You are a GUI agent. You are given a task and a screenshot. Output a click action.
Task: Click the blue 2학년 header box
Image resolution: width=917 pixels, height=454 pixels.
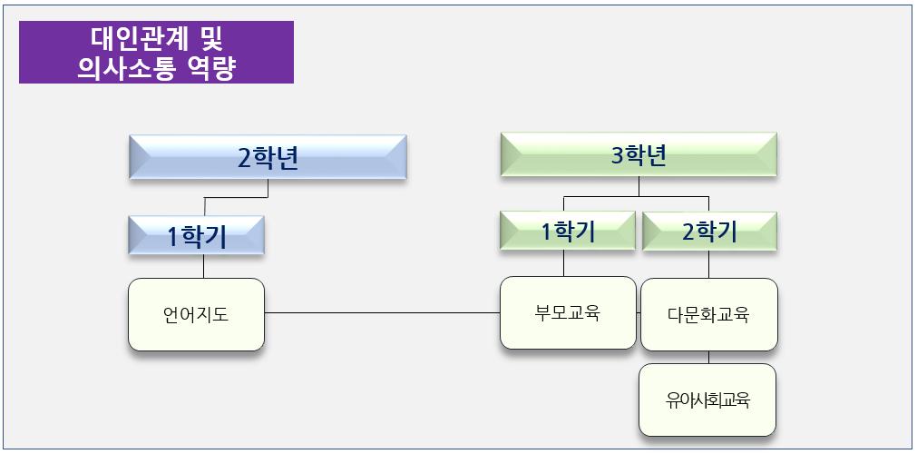pyautogui.click(x=268, y=157)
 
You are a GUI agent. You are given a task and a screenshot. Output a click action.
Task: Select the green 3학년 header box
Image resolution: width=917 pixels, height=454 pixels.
pyautogui.click(x=639, y=155)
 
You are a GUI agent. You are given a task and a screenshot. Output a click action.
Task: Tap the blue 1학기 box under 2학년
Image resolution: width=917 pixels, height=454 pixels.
pyautogui.click(x=196, y=235)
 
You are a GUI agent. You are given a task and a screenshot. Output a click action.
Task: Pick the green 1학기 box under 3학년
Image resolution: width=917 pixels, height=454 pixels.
pyautogui.click(x=567, y=232)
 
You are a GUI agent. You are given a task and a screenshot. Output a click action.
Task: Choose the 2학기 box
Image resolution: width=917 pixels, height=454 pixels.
pyautogui.click(x=709, y=232)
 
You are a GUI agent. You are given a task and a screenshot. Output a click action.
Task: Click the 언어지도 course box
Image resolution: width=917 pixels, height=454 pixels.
pyautogui.click(x=196, y=315)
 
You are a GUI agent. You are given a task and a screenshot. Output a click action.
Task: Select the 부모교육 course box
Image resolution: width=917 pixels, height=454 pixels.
pyautogui.click(x=568, y=313)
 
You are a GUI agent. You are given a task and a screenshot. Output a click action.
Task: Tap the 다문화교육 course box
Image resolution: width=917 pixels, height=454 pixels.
pyautogui.click(x=708, y=315)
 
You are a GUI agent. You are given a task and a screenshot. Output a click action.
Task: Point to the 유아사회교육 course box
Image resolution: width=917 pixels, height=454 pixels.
pyautogui.click(x=707, y=400)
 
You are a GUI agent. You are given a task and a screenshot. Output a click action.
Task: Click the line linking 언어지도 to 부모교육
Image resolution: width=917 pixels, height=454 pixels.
pyautogui.click(x=381, y=313)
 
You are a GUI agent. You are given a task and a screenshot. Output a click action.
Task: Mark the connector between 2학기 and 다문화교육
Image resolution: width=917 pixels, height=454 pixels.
pyautogui.click(x=709, y=264)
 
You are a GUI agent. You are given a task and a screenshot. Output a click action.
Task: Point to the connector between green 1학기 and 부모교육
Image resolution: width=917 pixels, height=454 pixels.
pyautogui.click(x=564, y=263)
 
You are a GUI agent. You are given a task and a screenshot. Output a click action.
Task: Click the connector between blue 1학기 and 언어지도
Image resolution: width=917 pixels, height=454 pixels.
pyautogui.click(x=203, y=266)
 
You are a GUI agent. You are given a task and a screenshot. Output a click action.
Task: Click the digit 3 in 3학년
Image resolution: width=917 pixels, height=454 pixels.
pyautogui.click(x=618, y=156)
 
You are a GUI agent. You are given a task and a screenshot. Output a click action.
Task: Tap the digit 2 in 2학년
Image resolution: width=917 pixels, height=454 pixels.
pyautogui.click(x=244, y=158)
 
